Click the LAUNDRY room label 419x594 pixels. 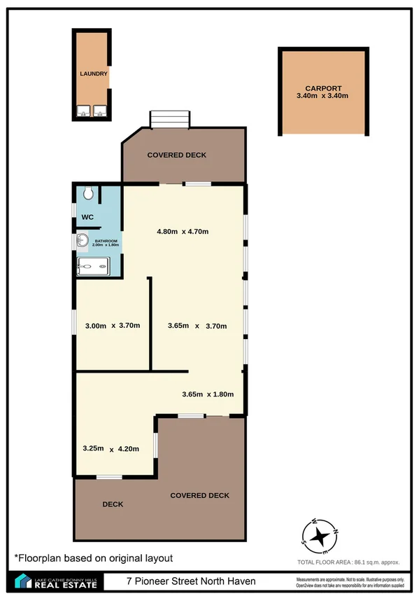93,73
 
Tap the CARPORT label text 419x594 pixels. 322,88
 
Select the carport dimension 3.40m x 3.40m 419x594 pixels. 322,96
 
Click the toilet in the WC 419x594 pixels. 88,192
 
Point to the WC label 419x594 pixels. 87,216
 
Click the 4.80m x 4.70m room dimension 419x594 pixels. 183,231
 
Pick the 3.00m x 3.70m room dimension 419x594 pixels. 112,325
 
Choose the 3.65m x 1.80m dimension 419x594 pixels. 207,394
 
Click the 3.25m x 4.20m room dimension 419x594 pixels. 111,448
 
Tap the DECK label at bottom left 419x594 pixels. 113,503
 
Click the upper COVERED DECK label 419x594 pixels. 176,155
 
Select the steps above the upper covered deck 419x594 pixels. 171,119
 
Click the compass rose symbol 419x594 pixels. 320,536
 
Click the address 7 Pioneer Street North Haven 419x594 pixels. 191,581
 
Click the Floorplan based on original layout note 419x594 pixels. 93,558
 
